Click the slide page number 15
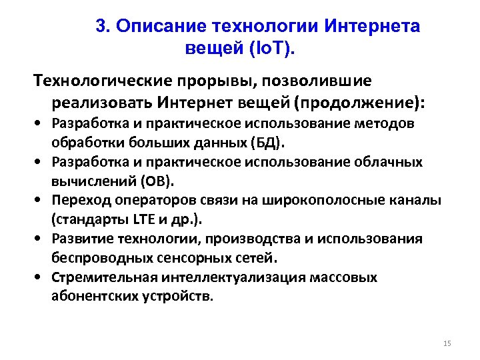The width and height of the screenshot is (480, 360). [x=447, y=343]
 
